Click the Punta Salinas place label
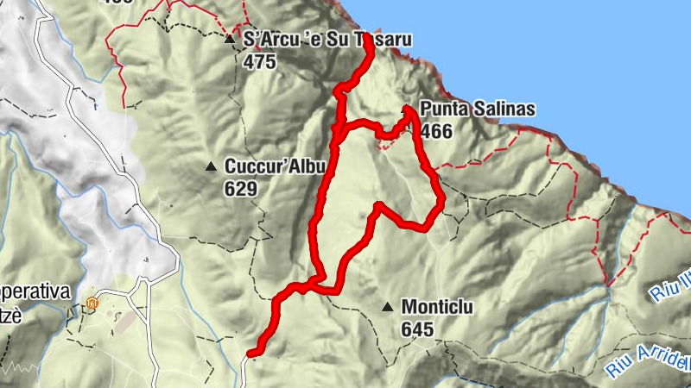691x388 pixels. point(477,110)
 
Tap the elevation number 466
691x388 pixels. point(437,130)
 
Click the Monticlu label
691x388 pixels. point(437,307)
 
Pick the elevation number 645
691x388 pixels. point(417,329)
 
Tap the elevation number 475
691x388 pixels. point(259,61)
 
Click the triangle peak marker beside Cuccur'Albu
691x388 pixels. point(211,166)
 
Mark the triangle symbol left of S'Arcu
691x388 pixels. point(229,40)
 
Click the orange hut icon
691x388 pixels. point(92,304)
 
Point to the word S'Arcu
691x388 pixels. point(269,40)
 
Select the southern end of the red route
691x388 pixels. point(251,353)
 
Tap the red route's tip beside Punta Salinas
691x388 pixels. point(407,110)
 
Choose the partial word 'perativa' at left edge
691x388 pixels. point(34,291)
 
